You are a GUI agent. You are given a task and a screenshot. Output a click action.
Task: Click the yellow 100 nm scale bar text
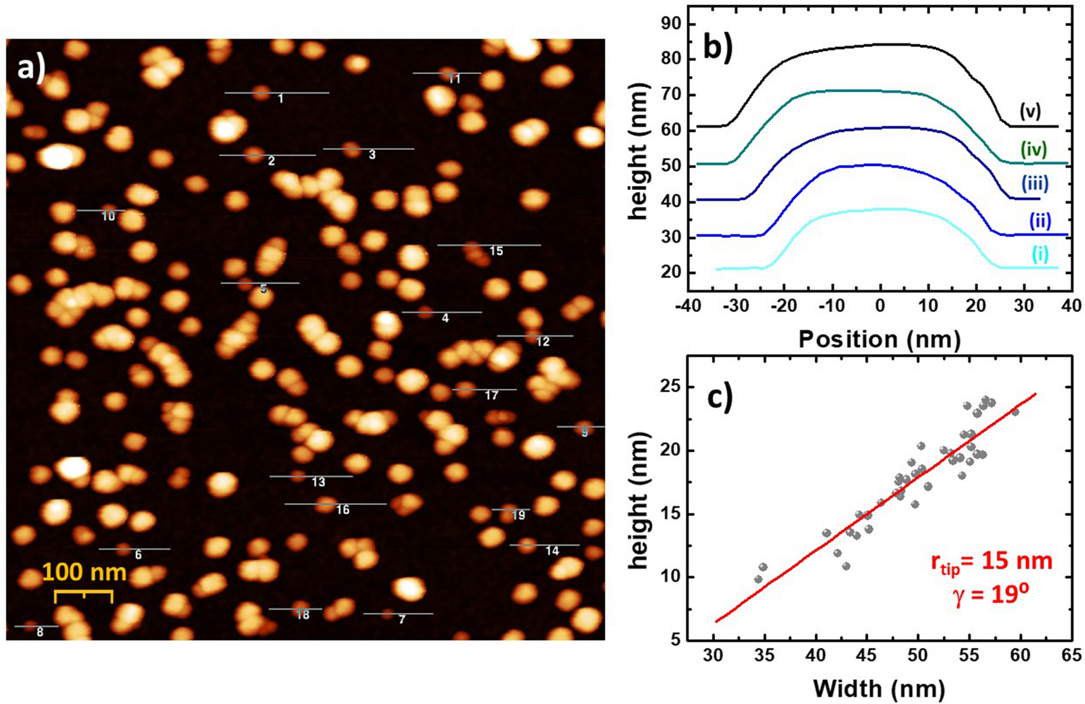(x=84, y=572)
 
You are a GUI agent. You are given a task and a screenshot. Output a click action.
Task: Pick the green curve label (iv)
(x=1034, y=149)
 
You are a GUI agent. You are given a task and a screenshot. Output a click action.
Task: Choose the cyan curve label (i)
(x=1040, y=254)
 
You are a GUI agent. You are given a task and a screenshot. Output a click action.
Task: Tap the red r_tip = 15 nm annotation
(x=991, y=562)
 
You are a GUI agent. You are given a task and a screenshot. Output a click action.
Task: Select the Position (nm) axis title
(x=879, y=338)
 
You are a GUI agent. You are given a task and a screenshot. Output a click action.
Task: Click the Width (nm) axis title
(x=879, y=687)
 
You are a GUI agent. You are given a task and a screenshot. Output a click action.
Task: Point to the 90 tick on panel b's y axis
(x=671, y=24)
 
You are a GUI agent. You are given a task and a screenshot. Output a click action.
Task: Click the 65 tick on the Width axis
(x=1071, y=655)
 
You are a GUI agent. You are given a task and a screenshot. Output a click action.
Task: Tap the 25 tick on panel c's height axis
(x=671, y=387)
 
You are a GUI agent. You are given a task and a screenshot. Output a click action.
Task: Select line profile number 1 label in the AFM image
(x=281, y=99)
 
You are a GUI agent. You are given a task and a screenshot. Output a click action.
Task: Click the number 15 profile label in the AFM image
(x=496, y=251)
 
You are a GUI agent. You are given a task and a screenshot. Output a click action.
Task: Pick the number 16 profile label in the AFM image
(x=342, y=510)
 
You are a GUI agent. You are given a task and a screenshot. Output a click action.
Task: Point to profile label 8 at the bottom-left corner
(x=40, y=632)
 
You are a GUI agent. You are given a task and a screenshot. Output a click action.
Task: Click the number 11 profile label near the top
(x=455, y=78)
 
